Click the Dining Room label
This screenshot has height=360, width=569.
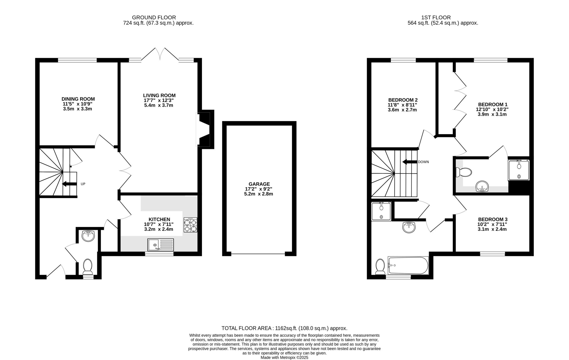coord(78,99)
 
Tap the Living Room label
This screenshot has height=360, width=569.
coord(159,96)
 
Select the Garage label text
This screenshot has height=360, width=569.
coord(259,184)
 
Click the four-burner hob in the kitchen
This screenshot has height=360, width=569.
coord(190,225)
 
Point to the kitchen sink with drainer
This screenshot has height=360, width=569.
coord(161,245)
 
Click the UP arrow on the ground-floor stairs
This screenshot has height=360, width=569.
coord(69,184)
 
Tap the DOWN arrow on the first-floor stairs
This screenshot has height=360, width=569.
coord(410,162)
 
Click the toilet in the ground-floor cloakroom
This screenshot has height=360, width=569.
coord(88,266)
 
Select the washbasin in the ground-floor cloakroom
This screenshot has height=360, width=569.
coord(88,236)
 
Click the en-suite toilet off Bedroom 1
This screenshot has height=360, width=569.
coord(464,172)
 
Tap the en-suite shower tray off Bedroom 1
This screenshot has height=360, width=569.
coord(519,170)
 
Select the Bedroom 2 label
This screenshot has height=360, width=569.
coord(403,100)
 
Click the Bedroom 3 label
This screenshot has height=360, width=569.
coord(492,219)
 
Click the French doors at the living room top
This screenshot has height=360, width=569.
coord(160,54)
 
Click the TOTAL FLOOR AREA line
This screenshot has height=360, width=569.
coord(284,328)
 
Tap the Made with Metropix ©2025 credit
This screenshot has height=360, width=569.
coord(284,358)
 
